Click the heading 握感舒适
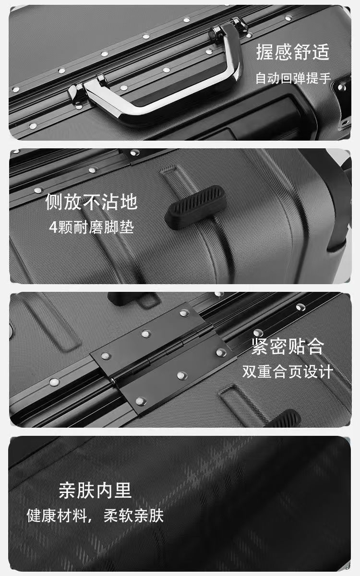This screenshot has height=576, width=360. (293, 52)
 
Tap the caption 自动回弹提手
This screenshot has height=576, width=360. (293, 78)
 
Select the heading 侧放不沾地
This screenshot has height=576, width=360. (91, 202)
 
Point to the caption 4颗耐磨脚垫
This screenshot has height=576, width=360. (92, 228)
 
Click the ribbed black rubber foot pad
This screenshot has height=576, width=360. (196, 207)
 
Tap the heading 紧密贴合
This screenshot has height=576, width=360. (288, 347)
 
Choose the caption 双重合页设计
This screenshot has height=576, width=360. (288, 372)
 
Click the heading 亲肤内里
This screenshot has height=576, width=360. (95, 491)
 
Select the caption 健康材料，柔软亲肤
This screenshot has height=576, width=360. (95, 516)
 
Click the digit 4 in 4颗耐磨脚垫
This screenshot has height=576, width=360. (53, 228)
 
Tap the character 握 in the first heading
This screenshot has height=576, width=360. (265, 52)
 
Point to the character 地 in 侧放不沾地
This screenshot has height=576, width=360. (129, 202)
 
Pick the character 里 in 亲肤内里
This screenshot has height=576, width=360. (123, 491)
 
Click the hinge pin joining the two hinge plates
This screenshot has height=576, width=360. (162, 354)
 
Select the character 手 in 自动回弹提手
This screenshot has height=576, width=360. (324, 78)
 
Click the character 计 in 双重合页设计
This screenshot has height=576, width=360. (326, 372)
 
